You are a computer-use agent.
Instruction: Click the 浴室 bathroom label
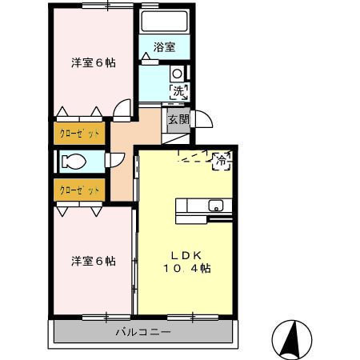point(164,47)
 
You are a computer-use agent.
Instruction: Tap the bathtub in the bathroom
point(165,22)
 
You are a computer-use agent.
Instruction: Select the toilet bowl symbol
point(74,162)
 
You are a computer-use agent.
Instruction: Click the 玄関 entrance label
point(178,119)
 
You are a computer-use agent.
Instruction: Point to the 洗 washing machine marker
point(179,91)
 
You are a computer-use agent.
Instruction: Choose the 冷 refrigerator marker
point(221,161)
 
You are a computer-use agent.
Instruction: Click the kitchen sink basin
point(216,206)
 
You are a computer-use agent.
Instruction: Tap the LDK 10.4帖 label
point(186,262)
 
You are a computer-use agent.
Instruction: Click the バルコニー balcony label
point(143,332)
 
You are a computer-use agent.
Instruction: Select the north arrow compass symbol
point(292,339)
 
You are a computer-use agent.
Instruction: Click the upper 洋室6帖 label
point(94,63)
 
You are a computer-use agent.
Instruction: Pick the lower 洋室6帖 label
point(94,262)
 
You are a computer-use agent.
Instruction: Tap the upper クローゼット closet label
point(79,133)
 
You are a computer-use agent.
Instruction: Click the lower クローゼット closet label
point(79,190)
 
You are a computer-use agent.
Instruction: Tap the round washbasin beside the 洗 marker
point(177,74)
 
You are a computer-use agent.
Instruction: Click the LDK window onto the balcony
point(193,318)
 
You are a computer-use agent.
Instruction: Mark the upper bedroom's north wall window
point(107,6)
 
